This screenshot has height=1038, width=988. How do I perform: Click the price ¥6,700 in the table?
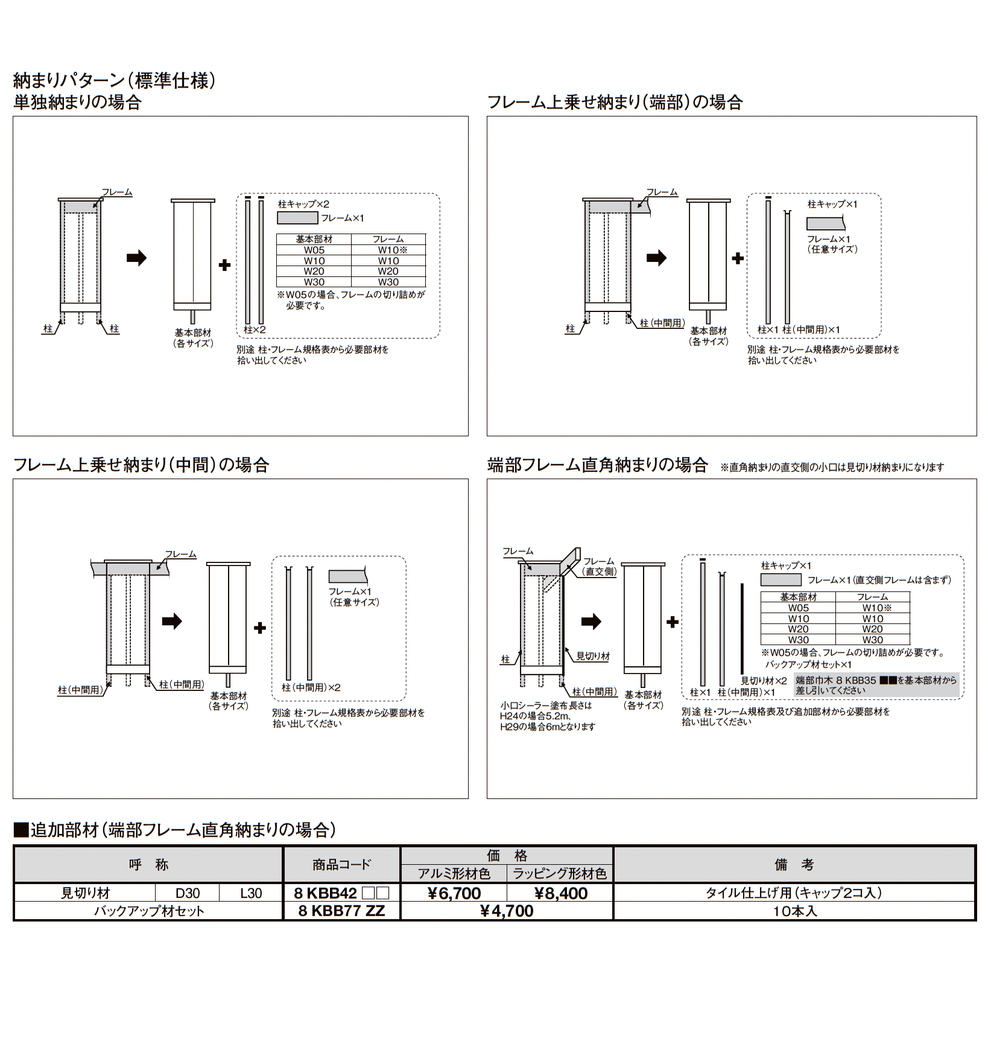(x=454, y=893)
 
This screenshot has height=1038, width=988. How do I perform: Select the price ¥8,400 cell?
(x=561, y=893)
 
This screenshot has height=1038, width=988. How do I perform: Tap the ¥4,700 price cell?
(x=507, y=911)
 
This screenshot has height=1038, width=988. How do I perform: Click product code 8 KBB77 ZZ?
(x=341, y=911)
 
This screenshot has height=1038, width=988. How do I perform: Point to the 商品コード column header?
(x=341, y=865)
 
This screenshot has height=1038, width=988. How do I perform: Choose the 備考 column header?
(x=794, y=865)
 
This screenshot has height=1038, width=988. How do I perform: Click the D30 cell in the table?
(x=188, y=893)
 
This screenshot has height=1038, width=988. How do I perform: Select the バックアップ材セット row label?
(x=149, y=911)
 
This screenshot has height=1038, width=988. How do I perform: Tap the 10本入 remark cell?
(x=794, y=911)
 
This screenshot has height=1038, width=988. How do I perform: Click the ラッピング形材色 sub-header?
(x=560, y=873)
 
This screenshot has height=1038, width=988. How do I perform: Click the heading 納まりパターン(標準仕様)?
(x=115, y=80)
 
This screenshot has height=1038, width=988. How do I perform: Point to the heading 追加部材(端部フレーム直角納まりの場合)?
(x=175, y=830)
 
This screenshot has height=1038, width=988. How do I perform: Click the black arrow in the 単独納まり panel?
(x=136, y=258)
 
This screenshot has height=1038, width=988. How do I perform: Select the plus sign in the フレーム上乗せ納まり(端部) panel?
(x=738, y=258)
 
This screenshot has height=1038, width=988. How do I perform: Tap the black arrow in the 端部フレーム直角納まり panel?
(x=591, y=622)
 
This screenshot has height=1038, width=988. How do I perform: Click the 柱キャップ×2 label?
(x=303, y=205)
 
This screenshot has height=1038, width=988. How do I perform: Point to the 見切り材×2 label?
(x=764, y=681)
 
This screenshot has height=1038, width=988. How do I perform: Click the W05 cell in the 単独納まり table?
(x=314, y=250)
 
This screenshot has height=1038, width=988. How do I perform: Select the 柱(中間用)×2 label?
(x=311, y=687)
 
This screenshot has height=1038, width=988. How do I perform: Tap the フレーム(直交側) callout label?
(x=599, y=566)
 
